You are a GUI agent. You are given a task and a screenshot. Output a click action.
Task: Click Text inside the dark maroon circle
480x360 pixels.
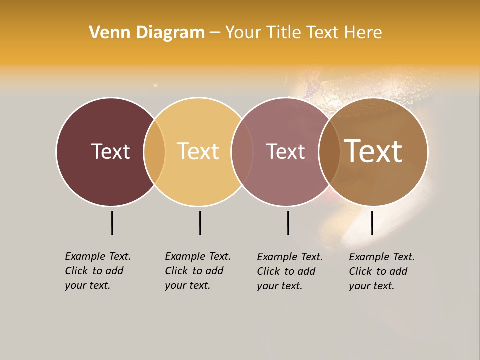coord(110,151)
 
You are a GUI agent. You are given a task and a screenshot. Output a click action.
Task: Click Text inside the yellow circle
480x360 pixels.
coord(198,151)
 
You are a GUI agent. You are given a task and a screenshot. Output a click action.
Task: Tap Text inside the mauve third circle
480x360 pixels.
coord(285,151)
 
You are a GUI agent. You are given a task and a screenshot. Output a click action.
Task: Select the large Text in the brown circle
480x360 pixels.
coord(373,151)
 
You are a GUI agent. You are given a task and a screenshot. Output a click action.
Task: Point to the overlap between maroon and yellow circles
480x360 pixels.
coord(154,151)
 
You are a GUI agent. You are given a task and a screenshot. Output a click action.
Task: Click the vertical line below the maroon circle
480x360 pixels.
coord(112,223)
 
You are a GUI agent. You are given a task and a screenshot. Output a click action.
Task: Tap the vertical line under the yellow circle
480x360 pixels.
coord(200,223)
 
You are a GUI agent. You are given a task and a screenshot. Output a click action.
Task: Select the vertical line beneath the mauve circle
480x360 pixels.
coord(288,223)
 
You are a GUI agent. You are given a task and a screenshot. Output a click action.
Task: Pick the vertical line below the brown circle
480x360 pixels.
coord(372,223)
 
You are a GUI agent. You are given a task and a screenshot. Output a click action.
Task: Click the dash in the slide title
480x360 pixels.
coord(215,33)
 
